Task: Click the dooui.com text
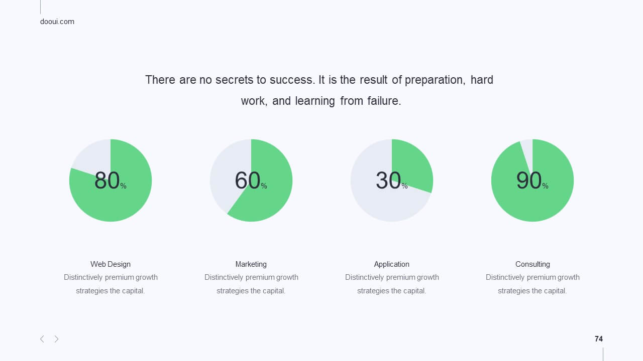click(x=57, y=22)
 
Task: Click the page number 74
click(x=598, y=339)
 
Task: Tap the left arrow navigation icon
click(x=42, y=339)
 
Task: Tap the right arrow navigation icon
click(x=57, y=339)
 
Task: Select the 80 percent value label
click(x=110, y=180)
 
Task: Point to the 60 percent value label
click(x=251, y=180)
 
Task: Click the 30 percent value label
click(x=391, y=180)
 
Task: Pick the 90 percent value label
click(x=532, y=180)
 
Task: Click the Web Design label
click(x=111, y=264)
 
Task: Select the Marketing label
click(x=251, y=264)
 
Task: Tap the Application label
click(x=391, y=264)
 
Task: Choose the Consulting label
click(x=532, y=264)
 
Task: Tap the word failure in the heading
click(x=384, y=101)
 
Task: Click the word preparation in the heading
click(x=435, y=80)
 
